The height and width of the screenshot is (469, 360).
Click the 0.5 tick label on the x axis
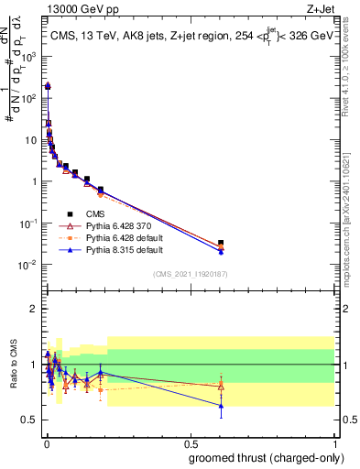[x=190, y=442]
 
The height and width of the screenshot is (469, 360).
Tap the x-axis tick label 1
[x=333, y=442]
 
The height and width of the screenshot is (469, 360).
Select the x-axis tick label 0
[x=47, y=442]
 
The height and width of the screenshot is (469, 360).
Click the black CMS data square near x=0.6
[x=221, y=243]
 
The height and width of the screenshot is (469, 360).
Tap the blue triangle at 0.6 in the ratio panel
[x=221, y=406]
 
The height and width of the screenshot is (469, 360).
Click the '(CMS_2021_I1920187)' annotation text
[x=190, y=274]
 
